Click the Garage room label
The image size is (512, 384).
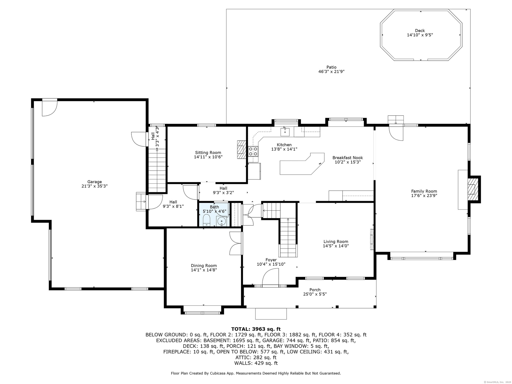click(x=95, y=182)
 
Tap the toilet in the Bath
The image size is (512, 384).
click(x=207, y=221)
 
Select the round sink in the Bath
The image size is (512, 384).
click(x=221, y=221)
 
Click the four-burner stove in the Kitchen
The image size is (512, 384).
click(x=253, y=151)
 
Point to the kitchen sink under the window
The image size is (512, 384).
click(x=285, y=131)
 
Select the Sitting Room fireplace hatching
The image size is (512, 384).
click(x=241, y=150)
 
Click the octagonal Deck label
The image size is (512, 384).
click(x=420, y=31)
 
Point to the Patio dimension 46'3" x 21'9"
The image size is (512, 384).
click(x=331, y=71)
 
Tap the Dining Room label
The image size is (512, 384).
click(x=204, y=266)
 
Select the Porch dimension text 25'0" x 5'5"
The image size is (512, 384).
click(x=315, y=294)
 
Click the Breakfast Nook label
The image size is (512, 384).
click(x=347, y=158)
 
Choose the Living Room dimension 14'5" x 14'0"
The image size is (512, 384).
click(x=336, y=246)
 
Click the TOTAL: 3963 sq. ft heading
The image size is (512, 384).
click(x=256, y=329)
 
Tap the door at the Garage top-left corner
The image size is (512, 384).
click(x=50, y=108)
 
